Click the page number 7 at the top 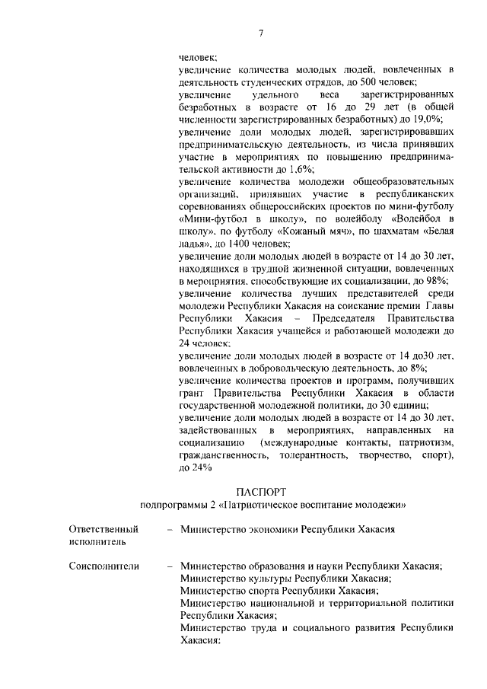click(260, 32)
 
